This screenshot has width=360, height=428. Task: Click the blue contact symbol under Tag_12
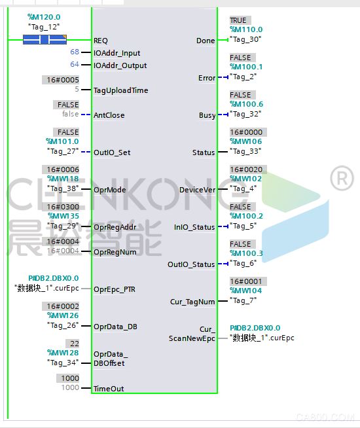[45, 40]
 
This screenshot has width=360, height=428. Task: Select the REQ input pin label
[101, 41]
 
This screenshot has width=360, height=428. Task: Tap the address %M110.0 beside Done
[246, 29]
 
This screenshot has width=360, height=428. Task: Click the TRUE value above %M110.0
[238, 20]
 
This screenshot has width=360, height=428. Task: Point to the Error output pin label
[207, 78]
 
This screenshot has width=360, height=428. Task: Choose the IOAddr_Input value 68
[75, 52]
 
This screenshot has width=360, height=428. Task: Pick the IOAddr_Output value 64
[75, 64]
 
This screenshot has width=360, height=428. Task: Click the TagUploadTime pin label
[121, 90]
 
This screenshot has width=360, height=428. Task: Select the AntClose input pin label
[109, 115]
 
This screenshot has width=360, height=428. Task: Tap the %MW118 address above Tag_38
[63, 179]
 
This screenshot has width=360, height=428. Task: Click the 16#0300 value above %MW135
[63, 207]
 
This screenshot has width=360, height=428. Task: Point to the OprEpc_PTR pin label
[115, 289]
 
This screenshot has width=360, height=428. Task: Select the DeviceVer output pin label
[197, 190]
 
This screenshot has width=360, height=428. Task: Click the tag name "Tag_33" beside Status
[245, 151]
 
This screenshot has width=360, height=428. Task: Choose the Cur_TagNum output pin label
[192, 302]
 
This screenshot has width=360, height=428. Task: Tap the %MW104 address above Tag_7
[246, 291]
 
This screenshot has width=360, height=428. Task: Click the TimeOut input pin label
[109, 389]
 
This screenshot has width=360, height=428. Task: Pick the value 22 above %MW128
[75, 344]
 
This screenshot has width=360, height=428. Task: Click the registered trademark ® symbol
[342, 179]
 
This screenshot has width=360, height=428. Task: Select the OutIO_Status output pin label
[191, 264]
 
